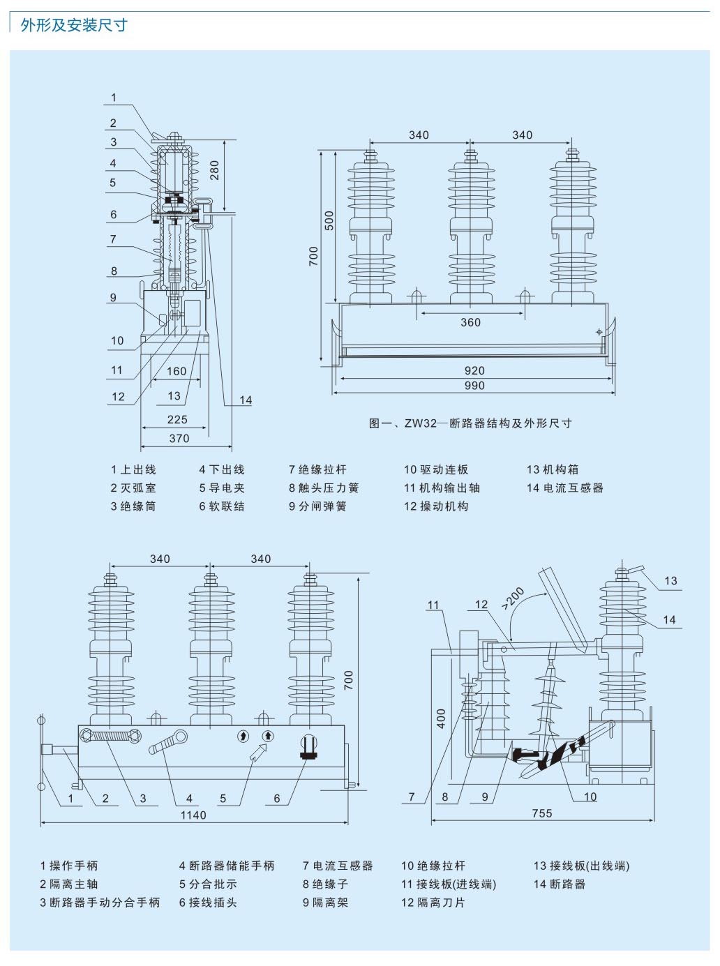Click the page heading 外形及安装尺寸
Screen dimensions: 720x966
pyautogui.click(x=74, y=25)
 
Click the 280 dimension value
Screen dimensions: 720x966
pyautogui.click(x=214, y=170)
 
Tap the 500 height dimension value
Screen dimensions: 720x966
pyautogui.click(x=329, y=220)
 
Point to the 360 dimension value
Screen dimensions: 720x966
pyautogui.click(x=471, y=322)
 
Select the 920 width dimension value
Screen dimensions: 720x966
pyautogui.click(x=474, y=370)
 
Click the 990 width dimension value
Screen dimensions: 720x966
pyautogui.click(x=474, y=386)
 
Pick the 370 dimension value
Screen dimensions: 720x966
pyautogui.click(x=179, y=438)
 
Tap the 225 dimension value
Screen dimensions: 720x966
pyautogui.click(x=177, y=419)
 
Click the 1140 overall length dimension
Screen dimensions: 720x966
pyautogui.click(x=193, y=815)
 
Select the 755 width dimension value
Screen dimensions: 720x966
pyautogui.click(x=542, y=813)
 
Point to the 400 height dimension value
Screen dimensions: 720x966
pyautogui.click(x=442, y=718)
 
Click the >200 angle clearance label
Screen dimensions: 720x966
pyautogui.click(x=513, y=599)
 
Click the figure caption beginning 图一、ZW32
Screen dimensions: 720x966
pyautogui.click(x=470, y=423)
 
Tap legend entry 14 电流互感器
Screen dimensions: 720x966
pyautogui.click(x=565, y=488)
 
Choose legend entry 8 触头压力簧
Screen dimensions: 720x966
pyautogui.click(x=324, y=488)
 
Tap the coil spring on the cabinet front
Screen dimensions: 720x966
pyautogui.click(x=111, y=736)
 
